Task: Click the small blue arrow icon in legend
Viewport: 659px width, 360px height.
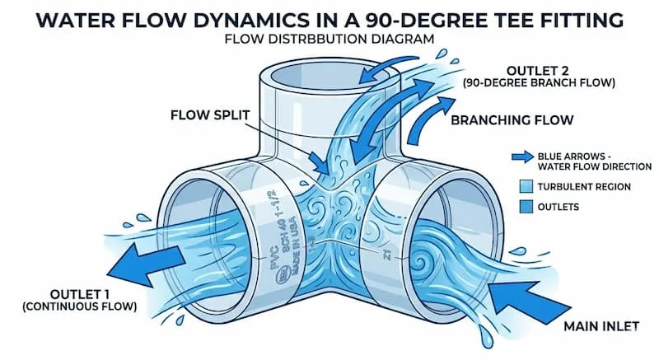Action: (520, 154)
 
